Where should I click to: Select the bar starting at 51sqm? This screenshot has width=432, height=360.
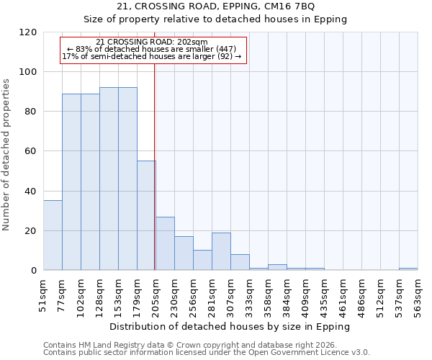click(53, 235)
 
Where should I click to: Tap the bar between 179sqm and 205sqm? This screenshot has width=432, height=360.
click(146, 215)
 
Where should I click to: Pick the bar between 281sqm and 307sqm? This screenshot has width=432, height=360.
click(221, 251)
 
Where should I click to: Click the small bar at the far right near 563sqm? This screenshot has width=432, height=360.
click(408, 269)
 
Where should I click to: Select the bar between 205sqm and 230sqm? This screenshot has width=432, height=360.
click(165, 243)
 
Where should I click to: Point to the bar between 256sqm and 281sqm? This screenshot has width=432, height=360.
click(202, 260)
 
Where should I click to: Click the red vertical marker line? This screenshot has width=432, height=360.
click(155, 180)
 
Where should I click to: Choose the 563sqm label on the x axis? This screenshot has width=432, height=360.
click(415, 294)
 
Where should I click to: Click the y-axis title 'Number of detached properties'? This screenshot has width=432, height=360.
click(6, 155)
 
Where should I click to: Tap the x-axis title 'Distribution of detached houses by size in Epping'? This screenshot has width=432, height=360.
click(230, 326)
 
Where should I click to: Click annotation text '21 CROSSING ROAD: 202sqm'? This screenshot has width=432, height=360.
click(151, 42)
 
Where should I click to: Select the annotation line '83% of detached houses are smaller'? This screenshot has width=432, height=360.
click(151, 49)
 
